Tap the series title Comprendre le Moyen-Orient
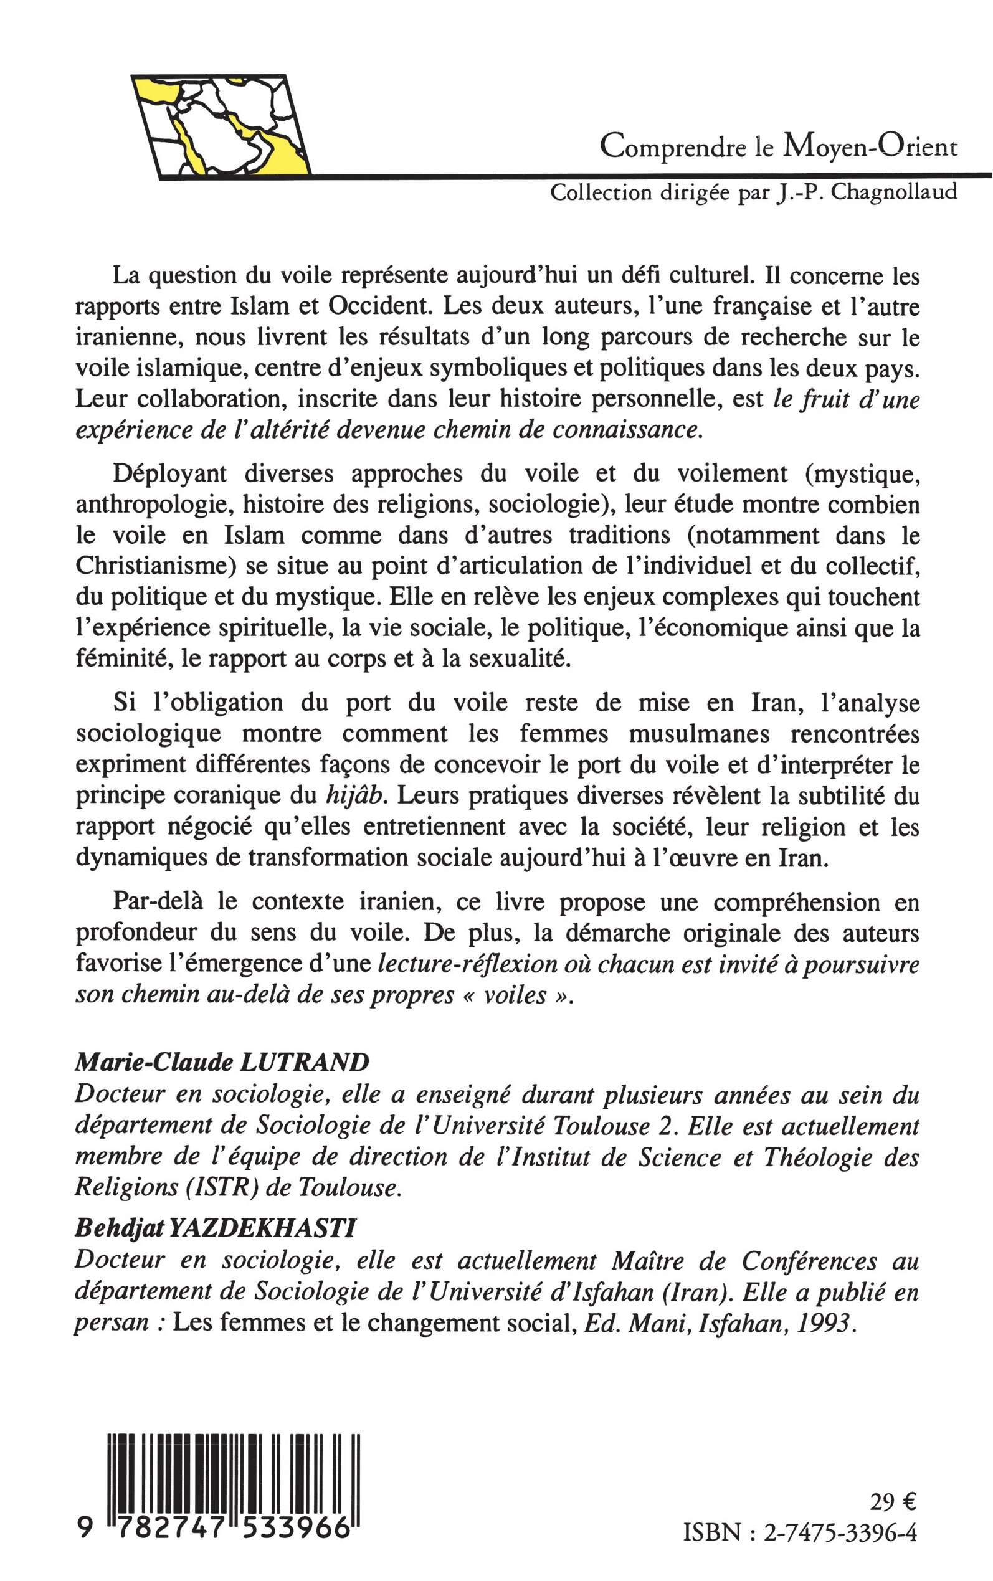778,148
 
